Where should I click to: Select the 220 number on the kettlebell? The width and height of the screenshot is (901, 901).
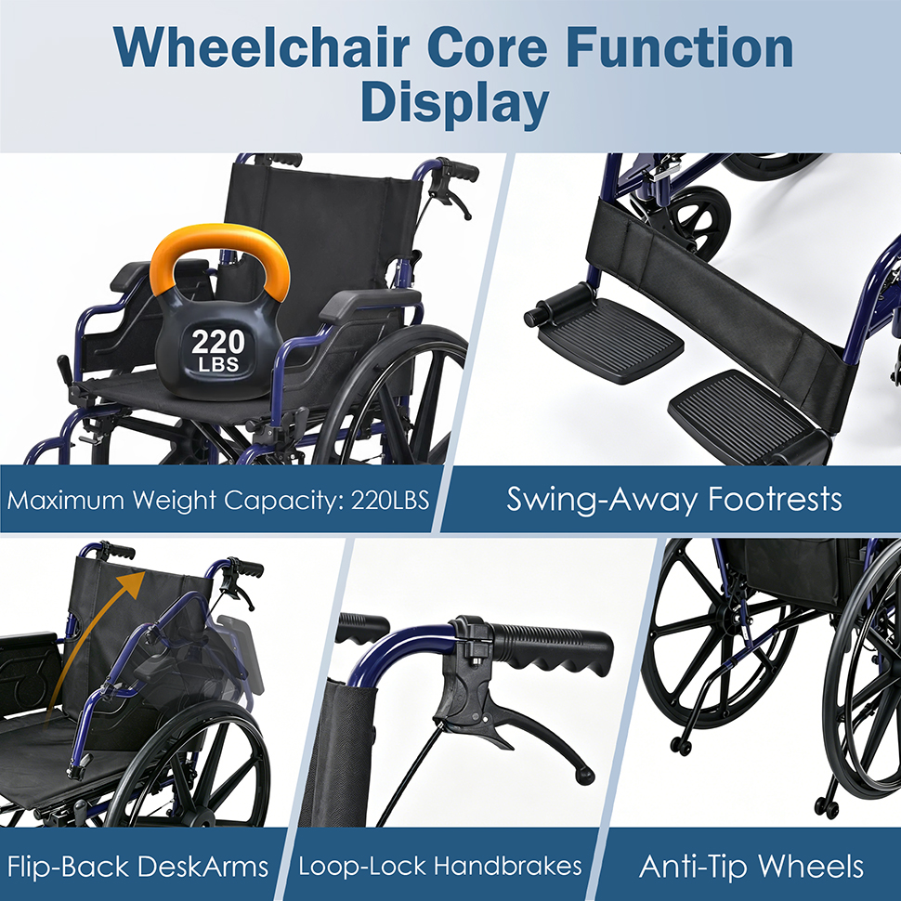pyautogui.click(x=217, y=343)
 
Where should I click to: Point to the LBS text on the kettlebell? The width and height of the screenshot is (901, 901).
pyautogui.click(x=218, y=364)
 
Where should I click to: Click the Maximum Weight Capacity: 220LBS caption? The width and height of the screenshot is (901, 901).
pyautogui.click(x=217, y=500)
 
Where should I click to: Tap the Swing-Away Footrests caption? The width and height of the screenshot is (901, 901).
pyautogui.click(x=674, y=500)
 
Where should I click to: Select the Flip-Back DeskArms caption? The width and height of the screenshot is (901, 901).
pyautogui.click(x=137, y=866)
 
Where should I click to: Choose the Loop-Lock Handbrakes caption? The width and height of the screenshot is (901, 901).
pyautogui.click(x=440, y=866)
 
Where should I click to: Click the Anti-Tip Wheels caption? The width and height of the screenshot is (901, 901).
pyautogui.click(x=751, y=866)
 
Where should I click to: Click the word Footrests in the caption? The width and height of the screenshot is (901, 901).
pyautogui.click(x=775, y=499)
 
